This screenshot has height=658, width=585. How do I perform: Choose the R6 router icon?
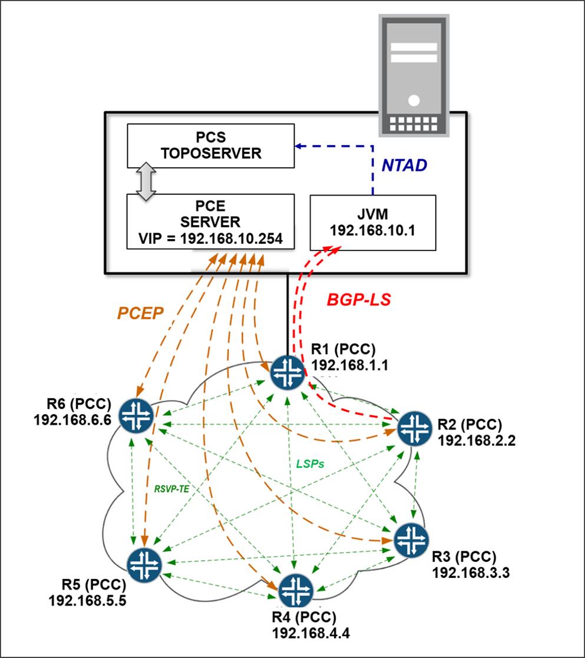point(136,415)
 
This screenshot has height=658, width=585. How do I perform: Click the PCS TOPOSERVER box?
point(210,146)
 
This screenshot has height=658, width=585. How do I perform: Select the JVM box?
point(372,222)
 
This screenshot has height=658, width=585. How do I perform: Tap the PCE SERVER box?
point(210,221)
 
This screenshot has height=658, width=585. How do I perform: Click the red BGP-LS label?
point(359,300)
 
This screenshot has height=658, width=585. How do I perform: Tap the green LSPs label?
point(310,464)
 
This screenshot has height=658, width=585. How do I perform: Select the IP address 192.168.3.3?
point(464,571)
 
